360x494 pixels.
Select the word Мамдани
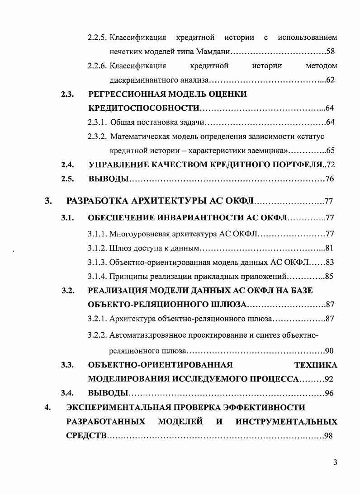click(x=213, y=52)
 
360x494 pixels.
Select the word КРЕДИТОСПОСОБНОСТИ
click(x=144, y=108)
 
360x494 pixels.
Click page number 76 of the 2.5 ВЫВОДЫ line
click(x=330, y=179)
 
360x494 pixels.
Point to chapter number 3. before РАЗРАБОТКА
click(x=48, y=201)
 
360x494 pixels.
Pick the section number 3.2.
click(x=68, y=290)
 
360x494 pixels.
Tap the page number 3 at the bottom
click(x=335, y=462)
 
